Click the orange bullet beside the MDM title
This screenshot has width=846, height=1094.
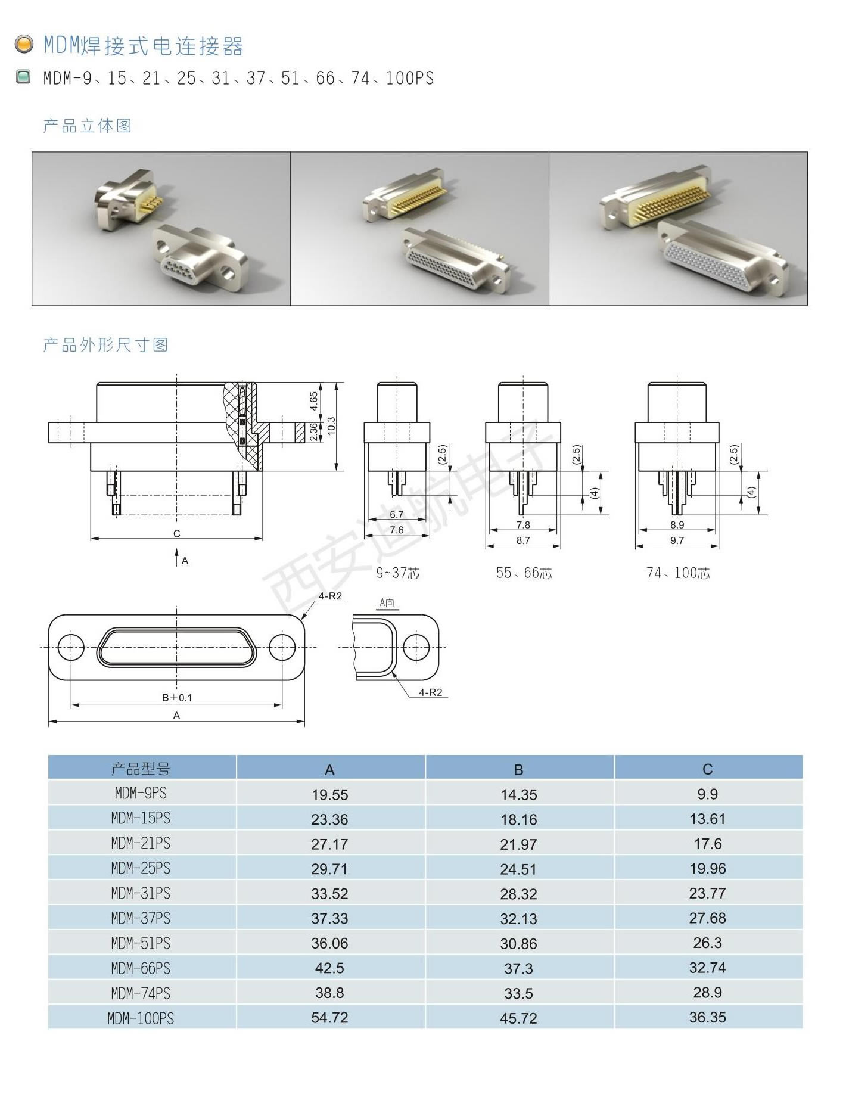click(24, 45)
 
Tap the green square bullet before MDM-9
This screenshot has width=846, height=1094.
click(23, 77)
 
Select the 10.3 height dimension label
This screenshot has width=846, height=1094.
click(332, 426)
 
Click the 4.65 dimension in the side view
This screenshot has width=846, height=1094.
click(314, 401)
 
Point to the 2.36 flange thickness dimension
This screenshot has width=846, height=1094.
click(314, 432)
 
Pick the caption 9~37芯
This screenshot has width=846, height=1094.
click(398, 573)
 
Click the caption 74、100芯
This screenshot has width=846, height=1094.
click(678, 573)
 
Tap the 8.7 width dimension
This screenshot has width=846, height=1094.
click(523, 540)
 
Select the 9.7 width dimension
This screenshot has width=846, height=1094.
click(677, 540)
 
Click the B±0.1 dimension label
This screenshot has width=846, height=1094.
click(177, 697)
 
